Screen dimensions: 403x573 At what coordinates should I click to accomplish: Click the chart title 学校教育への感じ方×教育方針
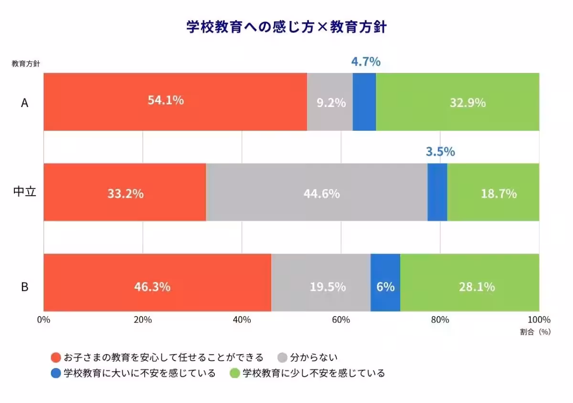[x=286, y=27]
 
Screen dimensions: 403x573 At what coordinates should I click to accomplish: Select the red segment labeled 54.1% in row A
[x=175, y=102]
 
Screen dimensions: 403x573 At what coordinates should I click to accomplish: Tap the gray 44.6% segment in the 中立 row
[x=317, y=192]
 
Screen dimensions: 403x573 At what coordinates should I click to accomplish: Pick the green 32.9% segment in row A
[x=457, y=102]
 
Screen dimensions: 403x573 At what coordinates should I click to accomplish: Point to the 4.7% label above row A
[x=366, y=62]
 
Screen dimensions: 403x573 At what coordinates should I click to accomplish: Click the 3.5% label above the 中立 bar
[x=440, y=152]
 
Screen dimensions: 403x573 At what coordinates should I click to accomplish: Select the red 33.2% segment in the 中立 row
[x=125, y=192]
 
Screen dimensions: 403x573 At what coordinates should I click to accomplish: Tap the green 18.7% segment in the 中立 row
[x=493, y=192]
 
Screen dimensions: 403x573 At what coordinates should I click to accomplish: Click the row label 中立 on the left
[x=24, y=192]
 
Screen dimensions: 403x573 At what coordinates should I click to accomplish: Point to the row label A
[x=24, y=102]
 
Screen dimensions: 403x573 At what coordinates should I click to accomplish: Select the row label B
[x=24, y=287]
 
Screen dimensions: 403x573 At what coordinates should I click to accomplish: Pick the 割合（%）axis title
[x=535, y=332]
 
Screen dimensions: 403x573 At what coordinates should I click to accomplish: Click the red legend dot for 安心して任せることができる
[x=56, y=358]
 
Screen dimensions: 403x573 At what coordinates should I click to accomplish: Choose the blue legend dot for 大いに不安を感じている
[x=56, y=373]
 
